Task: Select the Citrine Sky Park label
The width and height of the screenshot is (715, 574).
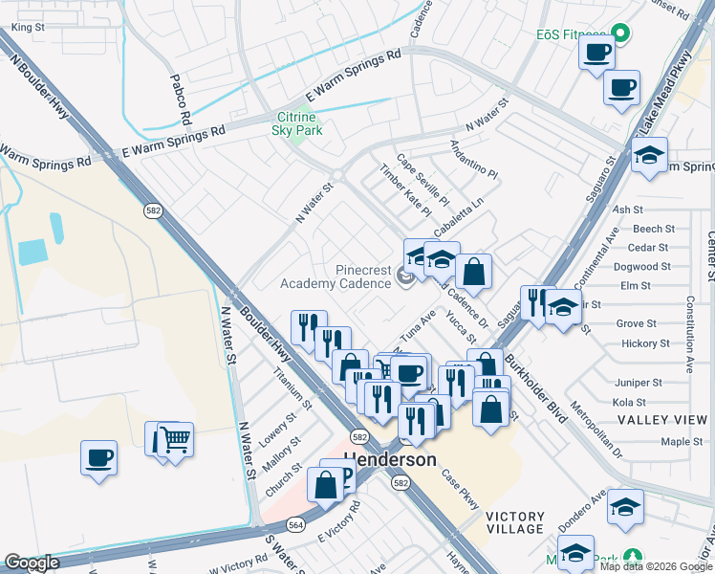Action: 297,122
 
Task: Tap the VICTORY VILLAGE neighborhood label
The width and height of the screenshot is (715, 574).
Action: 515,522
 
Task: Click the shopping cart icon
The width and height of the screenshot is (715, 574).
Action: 174,440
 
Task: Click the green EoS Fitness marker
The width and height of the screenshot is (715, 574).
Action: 620,33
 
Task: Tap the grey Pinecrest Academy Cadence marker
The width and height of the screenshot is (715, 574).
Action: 404,278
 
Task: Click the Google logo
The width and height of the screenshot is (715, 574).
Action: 32,563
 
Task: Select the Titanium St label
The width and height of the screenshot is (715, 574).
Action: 292,387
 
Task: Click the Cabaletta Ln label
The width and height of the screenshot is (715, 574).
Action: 459,217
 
